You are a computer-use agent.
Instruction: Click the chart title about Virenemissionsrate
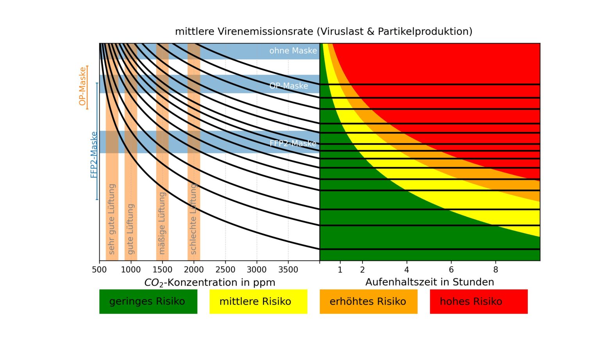pyautogui.click(x=323, y=31)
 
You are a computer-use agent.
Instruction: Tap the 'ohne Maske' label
pyautogui.click(x=293, y=51)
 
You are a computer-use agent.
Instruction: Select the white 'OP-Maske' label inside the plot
pyautogui.click(x=289, y=86)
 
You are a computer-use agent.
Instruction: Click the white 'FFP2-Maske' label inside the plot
pyautogui.click(x=293, y=143)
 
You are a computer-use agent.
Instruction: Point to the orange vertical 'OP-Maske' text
pyautogui.click(x=82, y=86)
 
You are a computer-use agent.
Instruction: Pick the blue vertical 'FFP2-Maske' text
pyautogui.click(x=94, y=155)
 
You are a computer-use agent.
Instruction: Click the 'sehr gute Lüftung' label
pyautogui.click(x=112, y=219)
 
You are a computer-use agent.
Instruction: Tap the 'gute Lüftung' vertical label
pyautogui.click(x=130, y=228)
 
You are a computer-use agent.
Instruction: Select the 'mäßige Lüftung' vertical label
pyautogui.click(x=162, y=223)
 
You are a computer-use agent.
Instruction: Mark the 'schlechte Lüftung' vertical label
pyautogui.click(x=193, y=219)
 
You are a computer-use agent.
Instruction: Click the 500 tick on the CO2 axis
pyautogui.click(x=99, y=270)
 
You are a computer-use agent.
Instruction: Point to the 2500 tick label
pyautogui.click(x=225, y=270)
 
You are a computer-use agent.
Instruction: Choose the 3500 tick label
pyautogui.click(x=288, y=270)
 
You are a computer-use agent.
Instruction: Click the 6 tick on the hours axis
pyautogui.click(x=451, y=270)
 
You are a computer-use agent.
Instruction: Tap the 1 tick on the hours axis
pyautogui.click(x=340, y=270)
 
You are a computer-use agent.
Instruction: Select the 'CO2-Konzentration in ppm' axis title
pyautogui.click(x=210, y=283)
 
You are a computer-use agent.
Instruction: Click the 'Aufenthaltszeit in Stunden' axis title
pyautogui.click(x=430, y=282)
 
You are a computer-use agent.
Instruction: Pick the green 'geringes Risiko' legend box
pyautogui.click(x=148, y=301)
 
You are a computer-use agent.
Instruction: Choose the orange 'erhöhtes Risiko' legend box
pyautogui.click(x=368, y=301)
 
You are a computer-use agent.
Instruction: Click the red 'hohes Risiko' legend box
pyautogui.click(x=479, y=301)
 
